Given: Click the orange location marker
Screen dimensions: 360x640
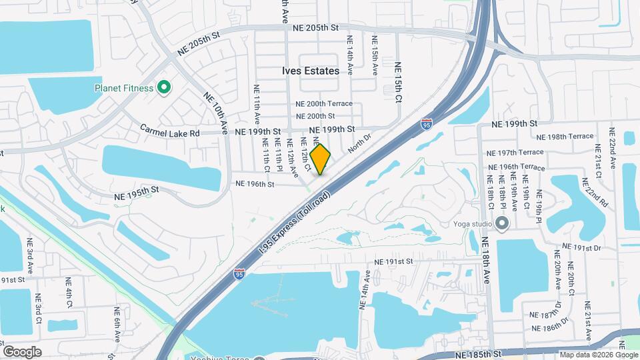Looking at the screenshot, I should coord(321,159).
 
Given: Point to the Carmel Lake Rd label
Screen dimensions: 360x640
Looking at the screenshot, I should coord(170,133).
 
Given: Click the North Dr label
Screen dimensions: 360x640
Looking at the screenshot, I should coord(357,149).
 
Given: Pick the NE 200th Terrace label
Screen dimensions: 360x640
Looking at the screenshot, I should coord(324,104).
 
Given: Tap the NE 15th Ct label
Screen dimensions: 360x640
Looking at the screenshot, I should coord(399,82).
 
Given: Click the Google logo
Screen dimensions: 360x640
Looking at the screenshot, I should coord(22,351).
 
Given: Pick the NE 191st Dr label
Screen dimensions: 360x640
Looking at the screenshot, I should coord(578,247).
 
